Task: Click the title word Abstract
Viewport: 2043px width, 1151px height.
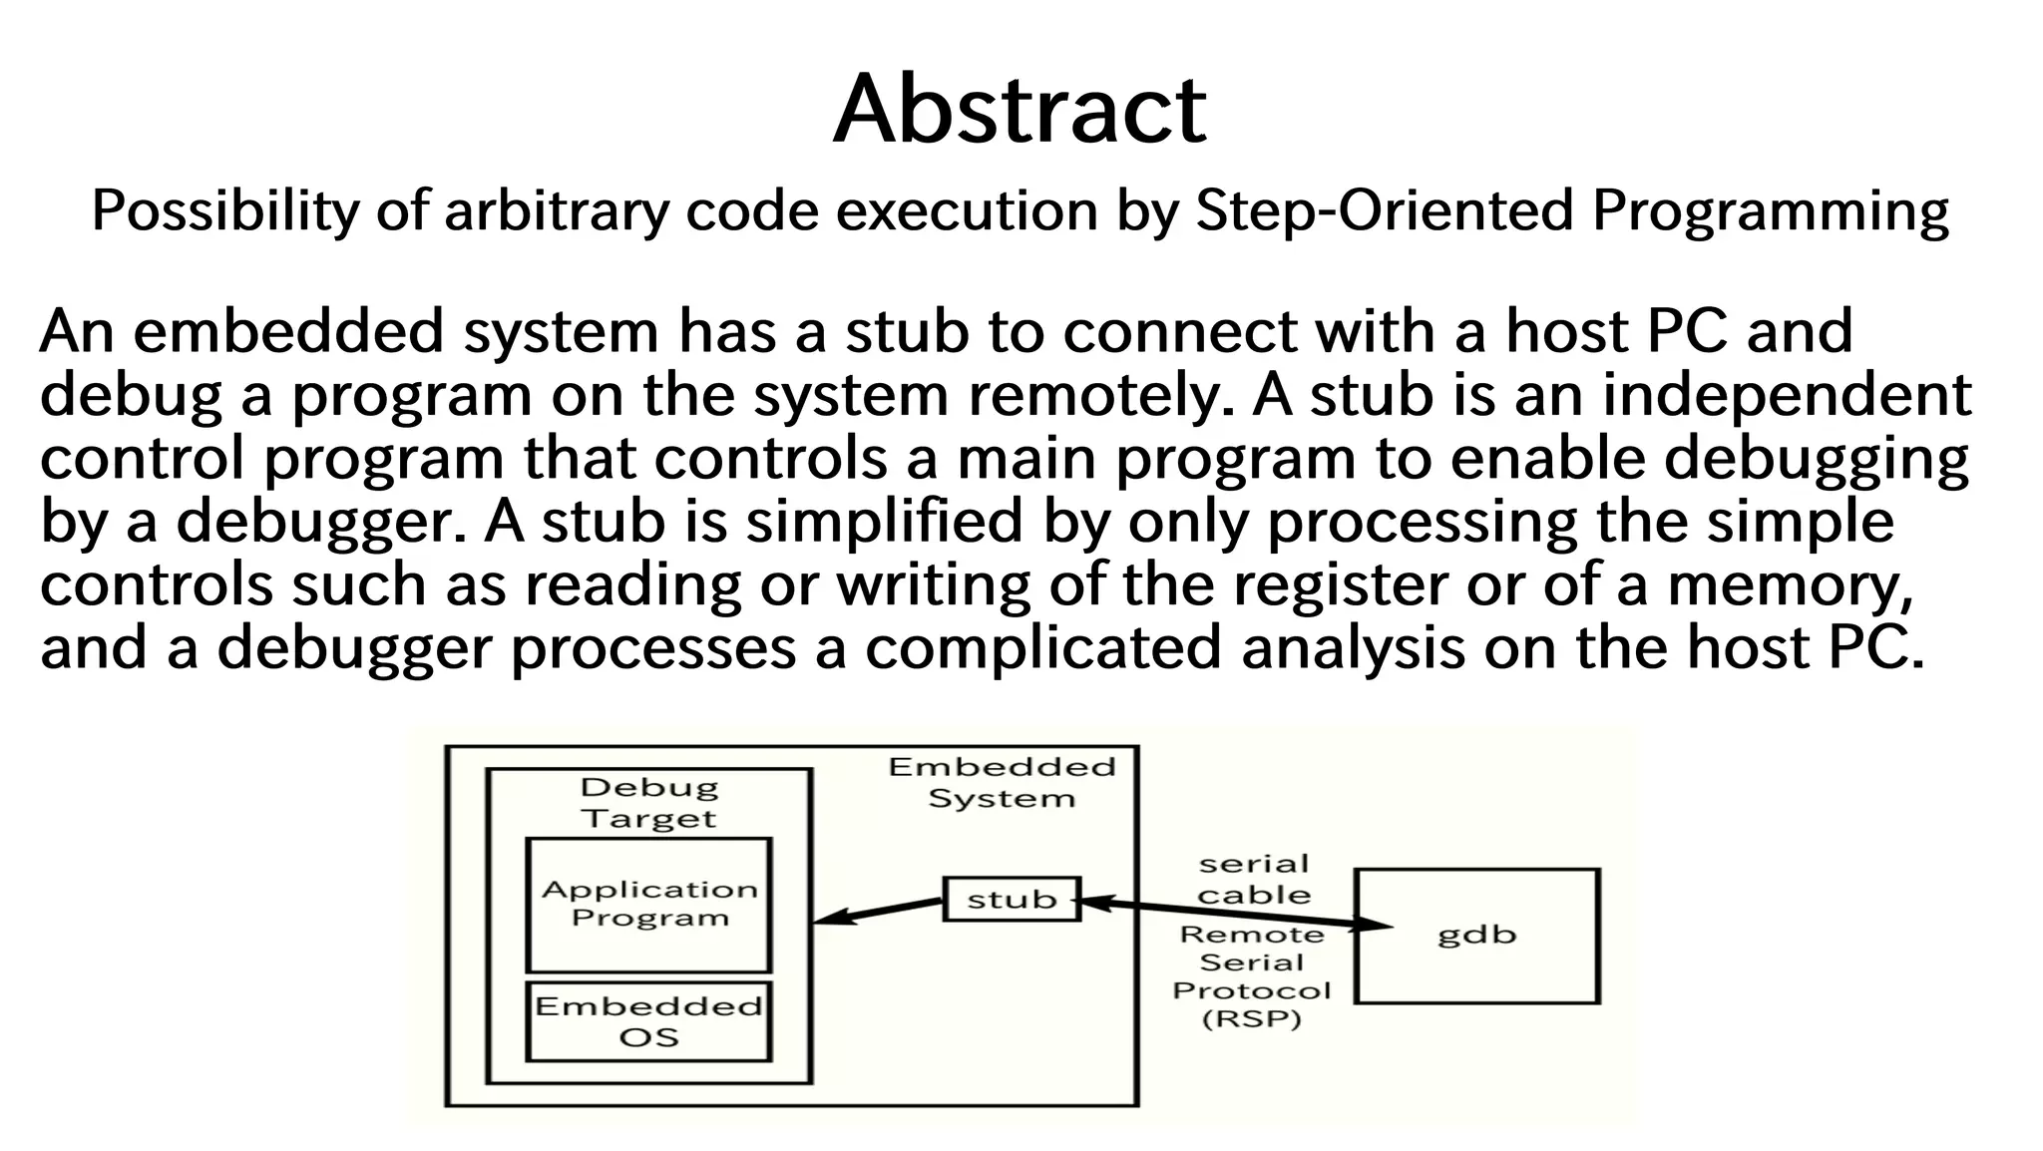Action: click(x=1020, y=109)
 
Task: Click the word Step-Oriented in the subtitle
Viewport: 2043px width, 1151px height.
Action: click(x=1384, y=210)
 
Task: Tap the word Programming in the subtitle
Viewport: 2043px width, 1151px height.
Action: click(x=1770, y=212)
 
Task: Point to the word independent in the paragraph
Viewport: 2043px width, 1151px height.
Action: click(x=1786, y=395)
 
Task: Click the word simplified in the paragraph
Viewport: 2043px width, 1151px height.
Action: click(x=884, y=522)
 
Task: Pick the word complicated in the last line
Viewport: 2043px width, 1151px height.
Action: click(x=1042, y=648)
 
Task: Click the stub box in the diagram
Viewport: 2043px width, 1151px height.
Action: click(x=1012, y=899)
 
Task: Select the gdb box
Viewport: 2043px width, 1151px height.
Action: click(x=1476, y=936)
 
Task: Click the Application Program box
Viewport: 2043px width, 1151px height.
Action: click(x=648, y=905)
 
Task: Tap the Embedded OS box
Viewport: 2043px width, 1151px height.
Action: click(x=648, y=1021)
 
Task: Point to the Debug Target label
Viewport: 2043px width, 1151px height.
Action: click(x=648, y=803)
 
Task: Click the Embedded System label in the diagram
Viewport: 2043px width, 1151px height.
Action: click(x=1002, y=783)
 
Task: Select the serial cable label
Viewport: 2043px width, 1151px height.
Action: click(x=1253, y=880)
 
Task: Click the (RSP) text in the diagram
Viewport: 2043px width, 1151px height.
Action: click(x=1252, y=1019)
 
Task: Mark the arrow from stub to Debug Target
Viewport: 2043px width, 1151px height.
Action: click(x=878, y=911)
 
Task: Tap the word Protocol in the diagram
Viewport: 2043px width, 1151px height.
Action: click(x=1251, y=990)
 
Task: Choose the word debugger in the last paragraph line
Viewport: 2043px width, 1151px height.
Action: click(x=354, y=648)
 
